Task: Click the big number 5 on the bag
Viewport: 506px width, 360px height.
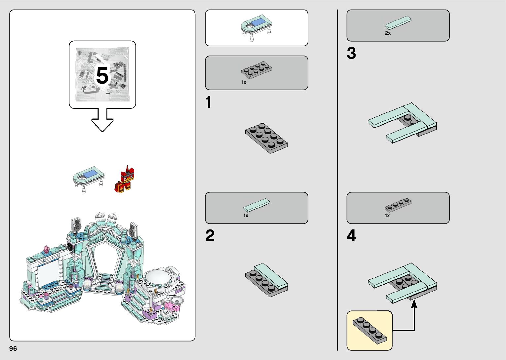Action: (x=102, y=76)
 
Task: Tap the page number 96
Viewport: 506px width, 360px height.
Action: (x=13, y=349)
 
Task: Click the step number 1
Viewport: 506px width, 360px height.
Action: (x=208, y=102)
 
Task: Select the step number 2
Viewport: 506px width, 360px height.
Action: (x=210, y=236)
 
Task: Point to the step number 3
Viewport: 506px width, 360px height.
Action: (x=351, y=54)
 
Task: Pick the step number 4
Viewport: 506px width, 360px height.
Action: (x=351, y=236)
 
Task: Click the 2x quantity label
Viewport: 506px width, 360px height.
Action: (x=388, y=33)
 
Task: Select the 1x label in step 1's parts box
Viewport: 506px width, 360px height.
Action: (x=244, y=83)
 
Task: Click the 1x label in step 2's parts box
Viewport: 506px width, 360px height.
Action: (x=246, y=216)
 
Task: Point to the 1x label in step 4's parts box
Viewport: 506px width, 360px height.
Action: (x=387, y=216)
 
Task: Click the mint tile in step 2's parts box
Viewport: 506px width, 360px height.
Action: (x=257, y=205)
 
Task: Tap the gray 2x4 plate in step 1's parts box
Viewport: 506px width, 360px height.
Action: (x=256, y=69)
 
